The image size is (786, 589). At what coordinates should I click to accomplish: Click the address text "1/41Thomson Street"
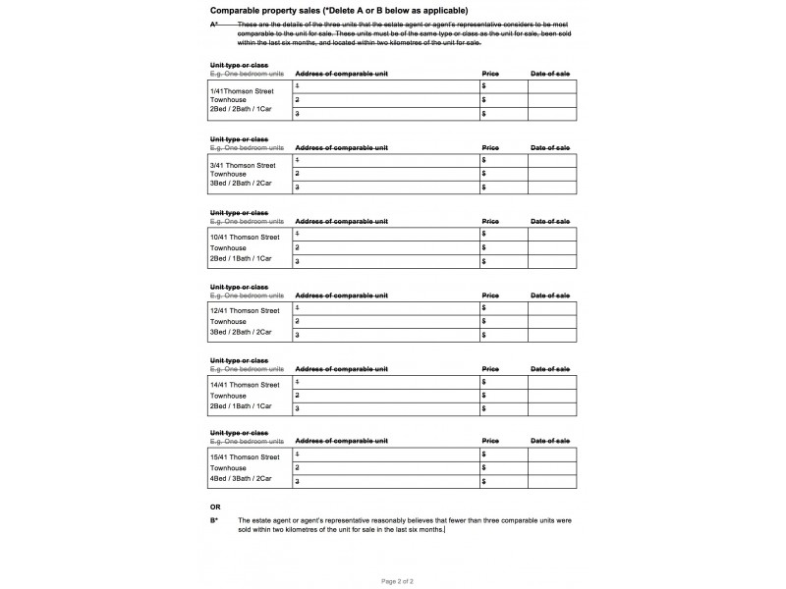pos(239,90)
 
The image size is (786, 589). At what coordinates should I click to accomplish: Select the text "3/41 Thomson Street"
pos(243,165)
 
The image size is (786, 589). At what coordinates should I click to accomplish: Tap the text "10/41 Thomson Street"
pos(245,238)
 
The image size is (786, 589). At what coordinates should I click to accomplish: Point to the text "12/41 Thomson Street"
pos(245,311)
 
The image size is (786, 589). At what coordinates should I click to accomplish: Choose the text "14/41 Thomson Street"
pos(245,384)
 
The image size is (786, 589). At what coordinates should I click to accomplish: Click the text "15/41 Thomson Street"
pos(245,457)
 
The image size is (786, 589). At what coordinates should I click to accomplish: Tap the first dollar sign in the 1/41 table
pos(484,86)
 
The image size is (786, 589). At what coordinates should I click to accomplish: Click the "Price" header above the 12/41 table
pos(490,294)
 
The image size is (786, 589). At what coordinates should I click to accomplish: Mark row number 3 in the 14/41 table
pos(298,408)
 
